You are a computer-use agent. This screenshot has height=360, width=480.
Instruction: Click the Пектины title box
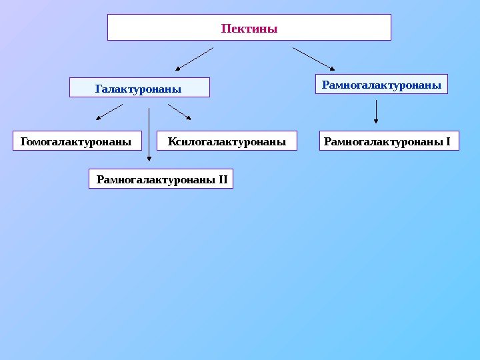point(249,28)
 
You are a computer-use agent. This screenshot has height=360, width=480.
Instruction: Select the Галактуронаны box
point(139,88)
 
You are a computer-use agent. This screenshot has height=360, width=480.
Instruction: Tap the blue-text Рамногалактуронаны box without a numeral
point(381,85)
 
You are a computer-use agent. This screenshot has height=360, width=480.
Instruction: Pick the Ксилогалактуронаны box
point(227,141)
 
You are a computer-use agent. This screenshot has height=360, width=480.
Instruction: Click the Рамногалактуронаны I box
point(389,141)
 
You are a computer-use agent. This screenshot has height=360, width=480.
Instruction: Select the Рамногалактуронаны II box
point(161,179)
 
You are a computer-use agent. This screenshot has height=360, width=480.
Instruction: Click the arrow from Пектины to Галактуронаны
point(195,58)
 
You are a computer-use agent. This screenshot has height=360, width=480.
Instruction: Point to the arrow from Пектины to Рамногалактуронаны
point(313,58)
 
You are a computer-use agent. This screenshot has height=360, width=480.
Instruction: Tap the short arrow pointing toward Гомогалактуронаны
point(109,111)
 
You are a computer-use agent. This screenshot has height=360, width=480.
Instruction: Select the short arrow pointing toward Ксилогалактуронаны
point(180,111)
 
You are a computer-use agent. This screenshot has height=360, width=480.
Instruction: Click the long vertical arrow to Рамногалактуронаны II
point(149,133)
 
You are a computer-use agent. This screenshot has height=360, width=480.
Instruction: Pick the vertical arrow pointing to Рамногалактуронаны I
point(377,112)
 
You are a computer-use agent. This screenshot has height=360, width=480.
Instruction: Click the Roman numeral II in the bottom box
point(223,179)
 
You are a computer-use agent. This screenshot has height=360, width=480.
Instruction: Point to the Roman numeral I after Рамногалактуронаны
point(449,141)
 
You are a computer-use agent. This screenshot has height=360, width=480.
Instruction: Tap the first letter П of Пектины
point(225,29)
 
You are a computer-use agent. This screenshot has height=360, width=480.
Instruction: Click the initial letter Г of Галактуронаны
point(98,88)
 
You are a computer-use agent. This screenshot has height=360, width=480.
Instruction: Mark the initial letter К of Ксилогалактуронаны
point(172,141)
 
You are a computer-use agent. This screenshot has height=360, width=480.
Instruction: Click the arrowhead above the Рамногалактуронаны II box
point(149,159)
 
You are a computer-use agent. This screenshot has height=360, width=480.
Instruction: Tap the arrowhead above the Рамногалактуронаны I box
point(377,121)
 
